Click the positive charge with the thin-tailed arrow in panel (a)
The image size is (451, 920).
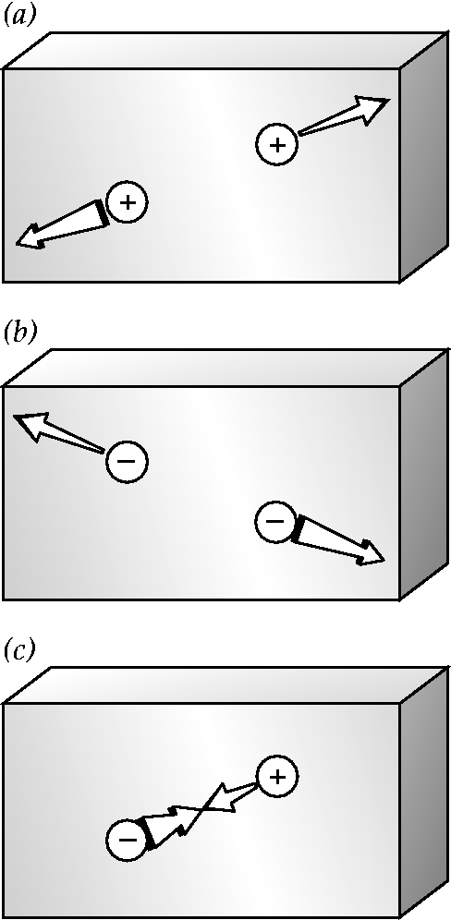[x=277, y=144]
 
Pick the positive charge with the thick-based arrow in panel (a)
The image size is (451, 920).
[x=127, y=202]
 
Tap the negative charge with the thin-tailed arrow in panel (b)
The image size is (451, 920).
[x=127, y=461]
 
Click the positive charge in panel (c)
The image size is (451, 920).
[x=277, y=777]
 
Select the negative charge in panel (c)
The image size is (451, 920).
[x=128, y=840]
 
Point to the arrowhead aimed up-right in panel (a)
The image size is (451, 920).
[x=372, y=109]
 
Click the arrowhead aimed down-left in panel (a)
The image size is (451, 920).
[x=30, y=236]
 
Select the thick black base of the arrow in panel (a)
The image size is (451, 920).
[x=103, y=213]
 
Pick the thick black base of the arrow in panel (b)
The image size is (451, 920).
[x=298, y=529]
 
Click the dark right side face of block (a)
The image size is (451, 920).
[x=424, y=157]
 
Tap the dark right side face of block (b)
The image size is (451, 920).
[x=424, y=476]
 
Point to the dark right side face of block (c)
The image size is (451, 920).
[x=424, y=793]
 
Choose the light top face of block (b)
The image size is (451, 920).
[x=226, y=368]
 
